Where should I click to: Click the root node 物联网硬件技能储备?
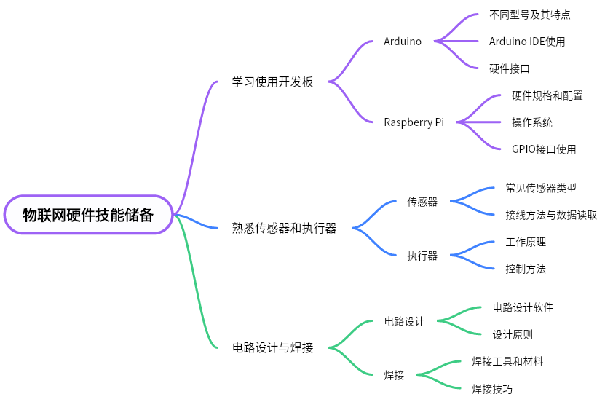pyautogui.click(x=88, y=215)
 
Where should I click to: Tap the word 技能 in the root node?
pyautogui.click(x=110, y=215)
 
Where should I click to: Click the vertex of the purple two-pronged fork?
pyautogui.click(x=330, y=82)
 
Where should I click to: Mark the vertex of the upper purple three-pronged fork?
pyautogui.click(x=435, y=41)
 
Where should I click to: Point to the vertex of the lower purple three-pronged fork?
pyautogui.click(x=458, y=122)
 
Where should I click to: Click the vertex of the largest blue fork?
pyautogui.click(x=353, y=228)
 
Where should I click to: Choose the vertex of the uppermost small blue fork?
pyautogui.click(x=451, y=201)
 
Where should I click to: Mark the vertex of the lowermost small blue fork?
pyautogui.click(x=451, y=255)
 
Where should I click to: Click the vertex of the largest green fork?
pyautogui.click(x=330, y=347)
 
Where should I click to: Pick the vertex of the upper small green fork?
pyautogui.click(x=438, y=320)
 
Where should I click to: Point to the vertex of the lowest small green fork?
pyautogui.click(x=418, y=374)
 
